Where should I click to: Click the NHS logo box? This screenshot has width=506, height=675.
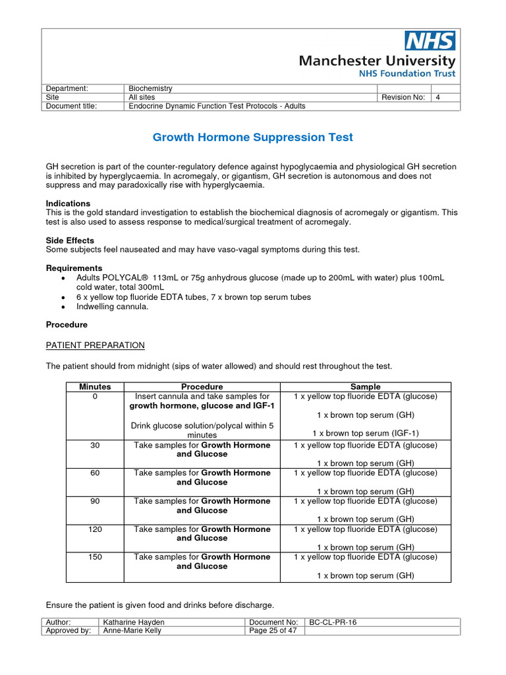429,42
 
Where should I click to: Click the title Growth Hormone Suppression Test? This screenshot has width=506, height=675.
252,138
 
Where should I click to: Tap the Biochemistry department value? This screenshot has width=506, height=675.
150,88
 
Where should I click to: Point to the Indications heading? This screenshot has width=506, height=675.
68,204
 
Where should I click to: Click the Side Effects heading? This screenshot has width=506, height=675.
70,241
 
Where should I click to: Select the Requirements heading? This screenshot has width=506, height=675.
74,268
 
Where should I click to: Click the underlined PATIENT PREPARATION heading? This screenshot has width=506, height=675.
95,345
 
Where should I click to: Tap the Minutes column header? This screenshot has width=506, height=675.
95,386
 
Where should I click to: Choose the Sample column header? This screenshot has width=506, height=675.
365,386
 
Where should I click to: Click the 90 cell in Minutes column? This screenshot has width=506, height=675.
95,501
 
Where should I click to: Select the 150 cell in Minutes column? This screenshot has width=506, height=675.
95,557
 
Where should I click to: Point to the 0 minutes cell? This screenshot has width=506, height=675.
95,396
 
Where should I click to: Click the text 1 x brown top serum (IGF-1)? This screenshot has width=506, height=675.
365,433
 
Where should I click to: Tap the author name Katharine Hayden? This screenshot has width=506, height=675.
134,622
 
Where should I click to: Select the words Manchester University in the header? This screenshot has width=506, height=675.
377,61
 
